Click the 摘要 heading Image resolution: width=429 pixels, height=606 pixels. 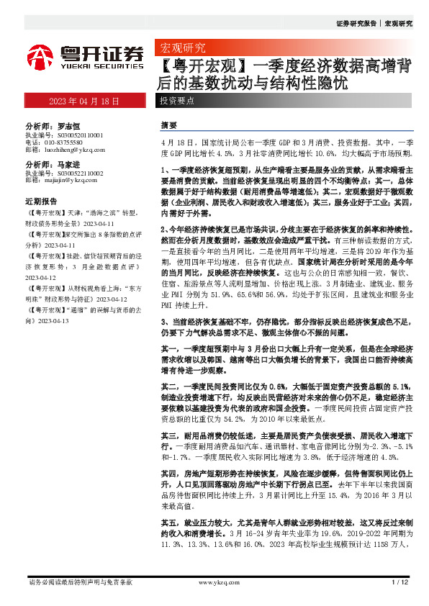168,125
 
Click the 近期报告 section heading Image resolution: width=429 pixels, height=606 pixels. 40,201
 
